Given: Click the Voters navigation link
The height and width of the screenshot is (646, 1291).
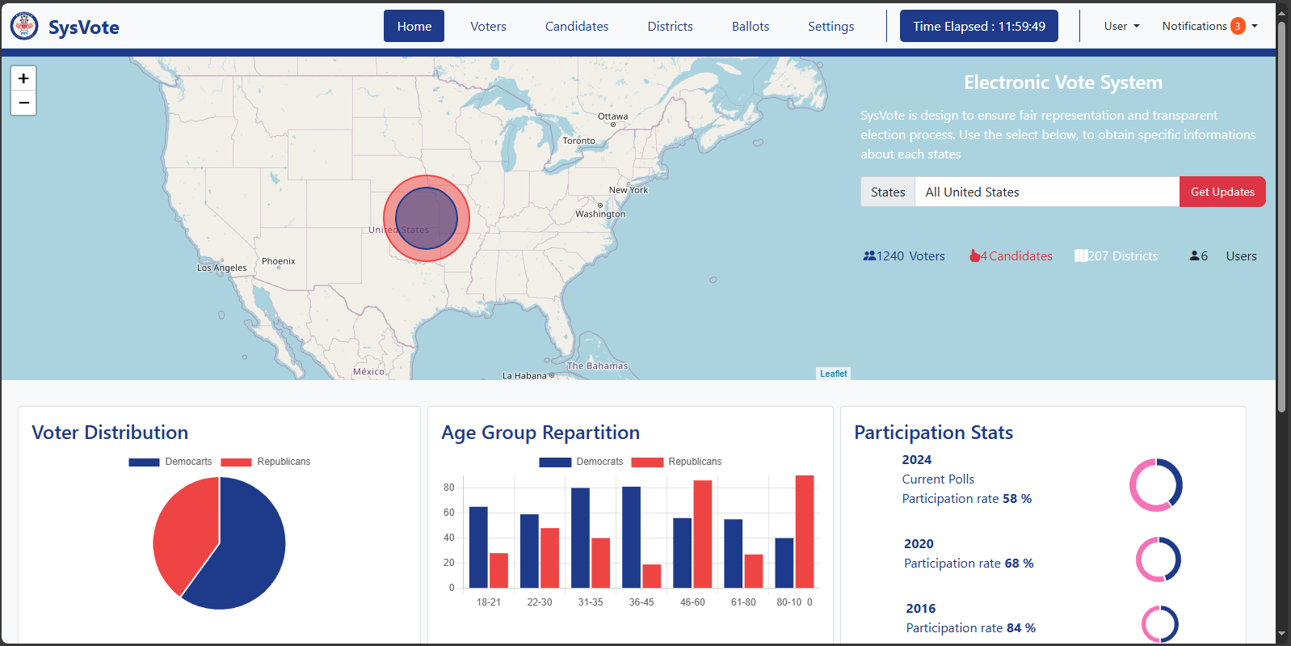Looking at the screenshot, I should pyautogui.click(x=488, y=27).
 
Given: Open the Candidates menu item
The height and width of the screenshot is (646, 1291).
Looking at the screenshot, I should pyautogui.click(x=576, y=27).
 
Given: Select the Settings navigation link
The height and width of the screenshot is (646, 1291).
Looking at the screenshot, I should pyautogui.click(x=831, y=27).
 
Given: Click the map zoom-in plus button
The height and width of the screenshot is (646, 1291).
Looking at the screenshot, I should pyautogui.click(x=23, y=78).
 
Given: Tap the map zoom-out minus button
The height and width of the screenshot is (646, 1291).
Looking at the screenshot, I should pyautogui.click(x=23, y=103).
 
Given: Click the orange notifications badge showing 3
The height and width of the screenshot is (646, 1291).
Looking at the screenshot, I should pyautogui.click(x=1237, y=27).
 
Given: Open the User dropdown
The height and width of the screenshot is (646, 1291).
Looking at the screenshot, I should pyautogui.click(x=1121, y=27).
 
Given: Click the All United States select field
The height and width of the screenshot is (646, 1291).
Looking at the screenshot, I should pyautogui.click(x=1046, y=192).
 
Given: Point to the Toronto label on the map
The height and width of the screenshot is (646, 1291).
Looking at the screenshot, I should pyautogui.click(x=578, y=141).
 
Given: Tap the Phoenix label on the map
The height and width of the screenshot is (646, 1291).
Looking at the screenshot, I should pyautogui.click(x=278, y=261).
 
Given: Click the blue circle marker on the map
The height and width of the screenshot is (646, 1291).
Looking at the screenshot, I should pyautogui.click(x=427, y=218).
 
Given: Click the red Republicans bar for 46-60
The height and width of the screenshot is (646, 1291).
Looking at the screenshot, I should pyautogui.click(x=702, y=534).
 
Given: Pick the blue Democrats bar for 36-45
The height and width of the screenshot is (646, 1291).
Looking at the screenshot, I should pyautogui.click(x=631, y=537).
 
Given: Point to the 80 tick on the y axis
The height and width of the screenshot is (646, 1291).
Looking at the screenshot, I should pyautogui.click(x=448, y=488).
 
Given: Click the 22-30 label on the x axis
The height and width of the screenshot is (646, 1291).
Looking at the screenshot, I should pyautogui.click(x=539, y=602).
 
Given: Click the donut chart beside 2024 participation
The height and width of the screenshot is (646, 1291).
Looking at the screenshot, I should pyautogui.click(x=1155, y=485).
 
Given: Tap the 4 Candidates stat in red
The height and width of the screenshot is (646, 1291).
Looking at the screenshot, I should pyautogui.click(x=1011, y=256).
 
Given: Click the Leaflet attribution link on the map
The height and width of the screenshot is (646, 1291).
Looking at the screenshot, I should pyautogui.click(x=833, y=374).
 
